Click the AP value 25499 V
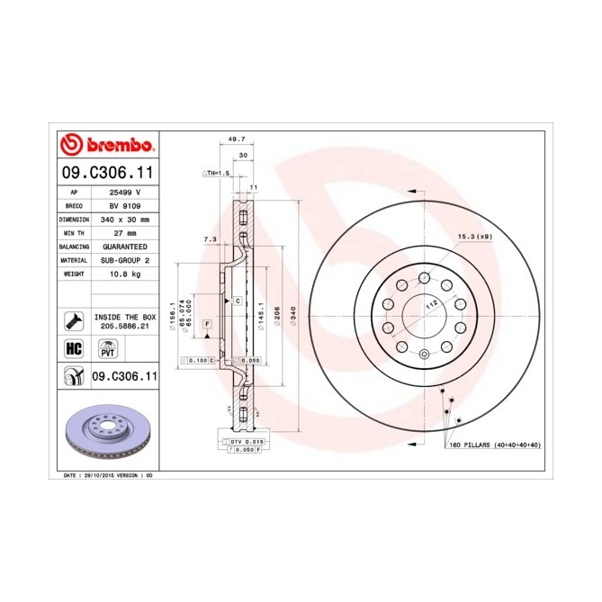click(x=125, y=192)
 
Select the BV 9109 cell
click(x=125, y=205)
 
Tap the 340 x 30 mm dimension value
click(x=125, y=219)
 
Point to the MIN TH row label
click(x=73, y=232)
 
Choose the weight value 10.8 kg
click(x=125, y=273)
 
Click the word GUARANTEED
click(x=125, y=246)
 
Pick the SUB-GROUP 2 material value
click(x=125, y=259)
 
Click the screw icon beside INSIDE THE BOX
click(x=73, y=321)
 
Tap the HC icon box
click(x=72, y=348)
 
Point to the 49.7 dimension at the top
click(x=237, y=140)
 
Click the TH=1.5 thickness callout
click(x=217, y=172)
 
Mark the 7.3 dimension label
click(x=211, y=238)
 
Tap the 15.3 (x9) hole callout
click(x=474, y=236)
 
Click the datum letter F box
click(x=207, y=322)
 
